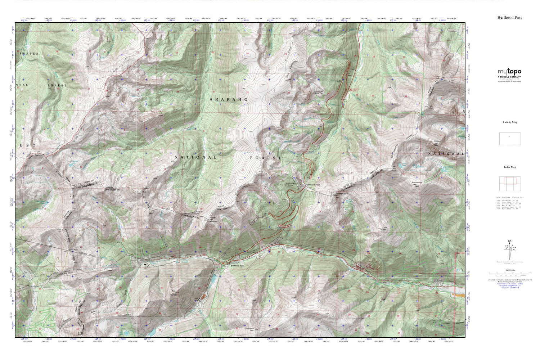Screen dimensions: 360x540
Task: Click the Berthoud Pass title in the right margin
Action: click(x=509, y=17)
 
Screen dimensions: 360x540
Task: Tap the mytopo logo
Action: click(x=509, y=72)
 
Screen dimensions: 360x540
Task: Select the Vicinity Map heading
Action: click(x=509, y=122)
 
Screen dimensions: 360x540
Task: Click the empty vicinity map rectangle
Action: click(x=510, y=139)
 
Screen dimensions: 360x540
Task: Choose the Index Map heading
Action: click(x=509, y=167)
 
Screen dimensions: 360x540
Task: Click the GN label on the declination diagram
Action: click(x=509, y=241)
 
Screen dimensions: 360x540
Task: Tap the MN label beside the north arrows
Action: click(x=514, y=247)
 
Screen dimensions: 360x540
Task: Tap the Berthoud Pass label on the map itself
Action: click(x=313, y=185)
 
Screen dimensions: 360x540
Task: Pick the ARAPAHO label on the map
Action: click(x=229, y=99)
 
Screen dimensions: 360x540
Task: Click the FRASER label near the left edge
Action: click(x=30, y=54)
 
